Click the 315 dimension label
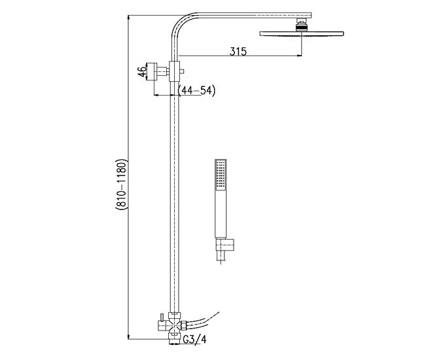point(238,52)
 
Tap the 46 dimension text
point(143,71)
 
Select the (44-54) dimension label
point(196,90)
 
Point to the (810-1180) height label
point(121,185)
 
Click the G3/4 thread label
point(194,339)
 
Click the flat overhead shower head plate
point(301,33)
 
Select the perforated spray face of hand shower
point(221,175)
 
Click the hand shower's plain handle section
point(221,213)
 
